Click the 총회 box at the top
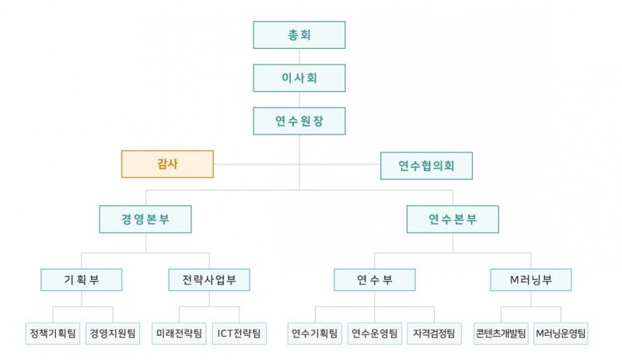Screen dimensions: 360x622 [x=299, y=35]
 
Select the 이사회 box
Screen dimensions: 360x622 [x=299, y=78]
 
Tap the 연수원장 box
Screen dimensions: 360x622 [x=299, y=121]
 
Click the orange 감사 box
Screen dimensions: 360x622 [x=167, y=164]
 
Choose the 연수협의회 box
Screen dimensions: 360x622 [x=426, y=165]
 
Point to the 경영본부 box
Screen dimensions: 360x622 [x=145, y=218]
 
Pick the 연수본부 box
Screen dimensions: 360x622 [x=453, y=218]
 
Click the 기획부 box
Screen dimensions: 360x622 [x=82, y=278]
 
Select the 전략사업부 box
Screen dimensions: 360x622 [x=208, y=278]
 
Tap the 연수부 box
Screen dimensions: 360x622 [x=374, y=278]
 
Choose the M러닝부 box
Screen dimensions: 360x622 [x=530, y=278]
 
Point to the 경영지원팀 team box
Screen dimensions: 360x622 [x=113, y=334]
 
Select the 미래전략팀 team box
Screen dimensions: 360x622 [x=178, y=334]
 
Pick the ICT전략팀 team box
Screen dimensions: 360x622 [x=238, y=334]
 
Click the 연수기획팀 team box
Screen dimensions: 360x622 [x=314, y=334]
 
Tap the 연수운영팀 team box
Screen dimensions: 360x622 [x=374, y=334]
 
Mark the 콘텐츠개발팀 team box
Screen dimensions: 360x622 [x=501, y=334]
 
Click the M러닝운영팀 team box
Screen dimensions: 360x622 [x=561, y=334]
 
